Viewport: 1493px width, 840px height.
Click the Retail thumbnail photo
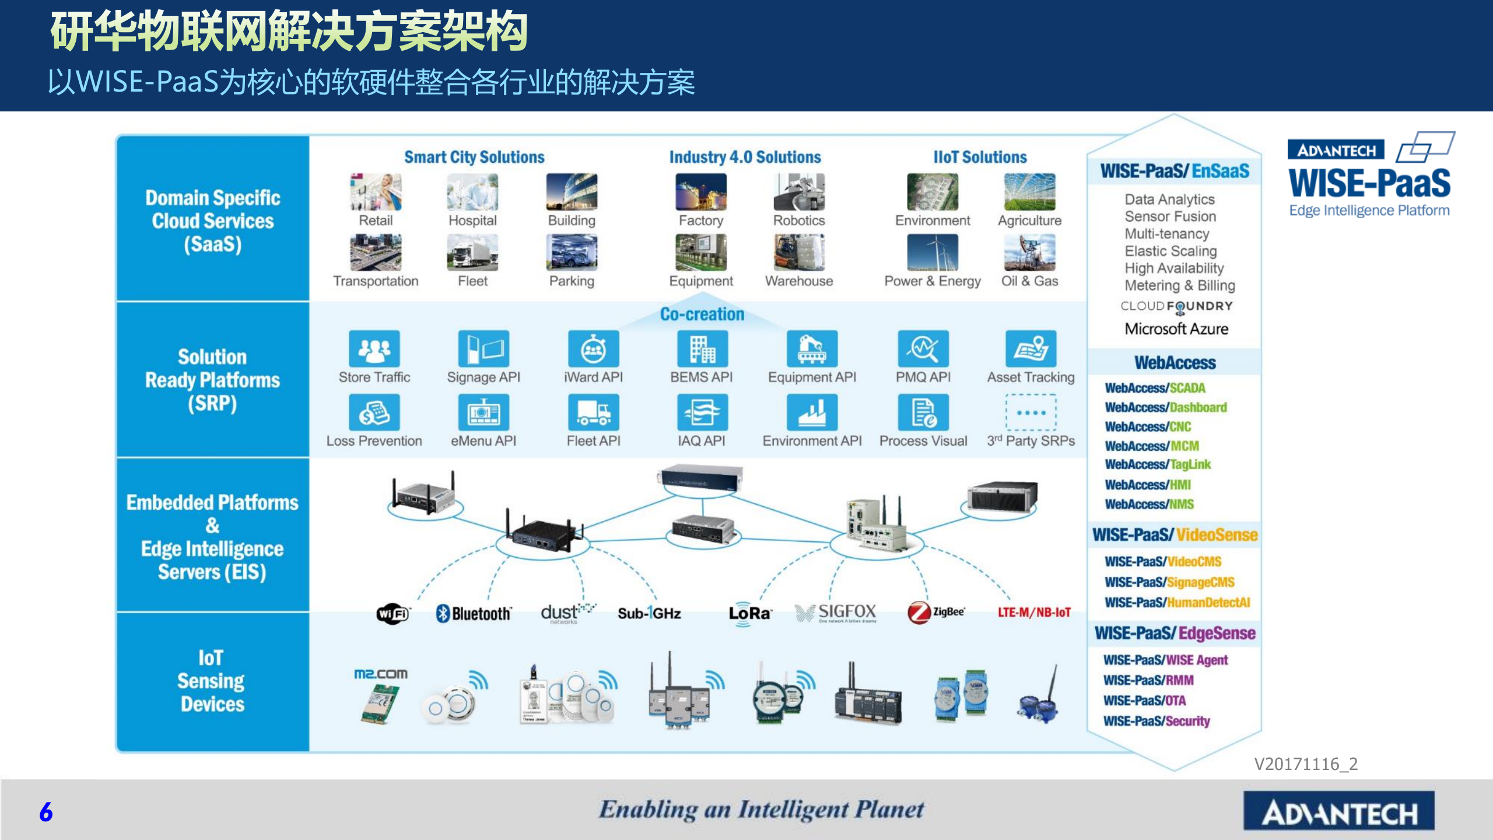[376, 192]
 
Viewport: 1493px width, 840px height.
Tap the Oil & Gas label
[1029, 281]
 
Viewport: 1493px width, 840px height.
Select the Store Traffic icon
[374, 349]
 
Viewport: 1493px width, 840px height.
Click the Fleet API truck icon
[593, 412]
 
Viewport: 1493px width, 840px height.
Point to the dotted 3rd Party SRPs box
[1031, 412]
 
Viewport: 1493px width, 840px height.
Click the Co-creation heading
[702, 314]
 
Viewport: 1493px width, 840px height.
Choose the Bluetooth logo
[474, 614]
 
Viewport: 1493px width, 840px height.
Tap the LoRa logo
[749, 614]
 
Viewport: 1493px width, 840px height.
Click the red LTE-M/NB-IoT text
[1034, 612]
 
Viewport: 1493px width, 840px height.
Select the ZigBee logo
[935, 612]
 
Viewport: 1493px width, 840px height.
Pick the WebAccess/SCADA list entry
[1155, 388]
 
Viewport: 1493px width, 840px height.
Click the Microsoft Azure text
[1176, 329]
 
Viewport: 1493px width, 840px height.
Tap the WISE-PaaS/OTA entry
[1144, 701]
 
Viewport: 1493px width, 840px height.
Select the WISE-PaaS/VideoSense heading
[1175, 535]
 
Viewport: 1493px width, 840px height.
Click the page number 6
[46, 812]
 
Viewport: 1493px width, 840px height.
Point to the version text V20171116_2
[1306, 764]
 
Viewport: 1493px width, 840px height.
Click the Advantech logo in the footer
[1338, 813]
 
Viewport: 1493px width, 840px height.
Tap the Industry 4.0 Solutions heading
[745, 157]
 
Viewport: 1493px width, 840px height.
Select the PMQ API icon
[923, 349]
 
